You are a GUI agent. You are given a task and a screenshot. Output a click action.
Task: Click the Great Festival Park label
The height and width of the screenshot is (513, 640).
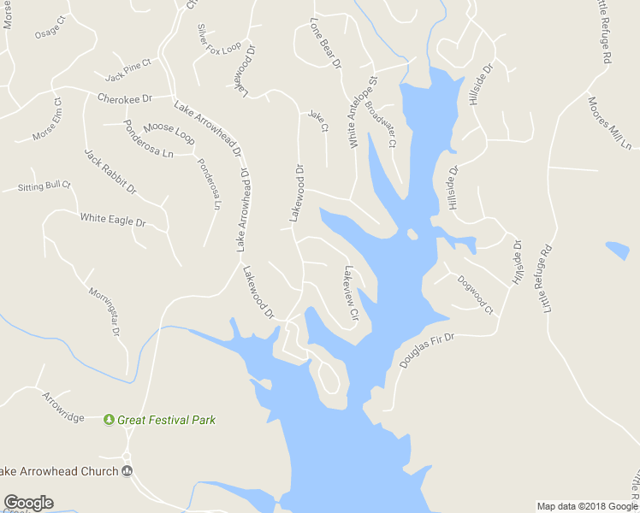click(x=167, y=420)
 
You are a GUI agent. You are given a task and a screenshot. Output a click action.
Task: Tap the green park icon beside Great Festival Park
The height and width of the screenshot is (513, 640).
click(x=110, y=420)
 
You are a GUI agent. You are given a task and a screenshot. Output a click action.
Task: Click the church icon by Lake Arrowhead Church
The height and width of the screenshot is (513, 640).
click(x=127, y=471)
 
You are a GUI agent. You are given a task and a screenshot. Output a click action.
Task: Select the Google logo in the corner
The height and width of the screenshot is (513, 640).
click(x=28, y=503)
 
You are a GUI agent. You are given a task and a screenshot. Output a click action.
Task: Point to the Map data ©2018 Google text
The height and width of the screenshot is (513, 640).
click(x=587, y=506)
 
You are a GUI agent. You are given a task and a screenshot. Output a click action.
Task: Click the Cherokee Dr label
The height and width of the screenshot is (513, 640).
click(x=124, y=98)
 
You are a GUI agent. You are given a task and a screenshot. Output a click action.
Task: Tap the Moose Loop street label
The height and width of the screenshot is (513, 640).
click(x=169, y=132)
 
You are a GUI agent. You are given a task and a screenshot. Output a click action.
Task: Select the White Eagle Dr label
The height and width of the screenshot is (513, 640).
click(x=113, y=221)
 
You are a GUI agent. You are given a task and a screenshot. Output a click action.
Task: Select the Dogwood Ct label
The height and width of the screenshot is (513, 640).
click(x=475, y=292)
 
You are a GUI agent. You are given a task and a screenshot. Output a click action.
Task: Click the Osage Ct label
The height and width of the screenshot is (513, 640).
click(x=48, y=32)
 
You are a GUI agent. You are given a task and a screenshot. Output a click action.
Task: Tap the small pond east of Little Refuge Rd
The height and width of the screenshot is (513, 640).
click(x=617, y=251)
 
